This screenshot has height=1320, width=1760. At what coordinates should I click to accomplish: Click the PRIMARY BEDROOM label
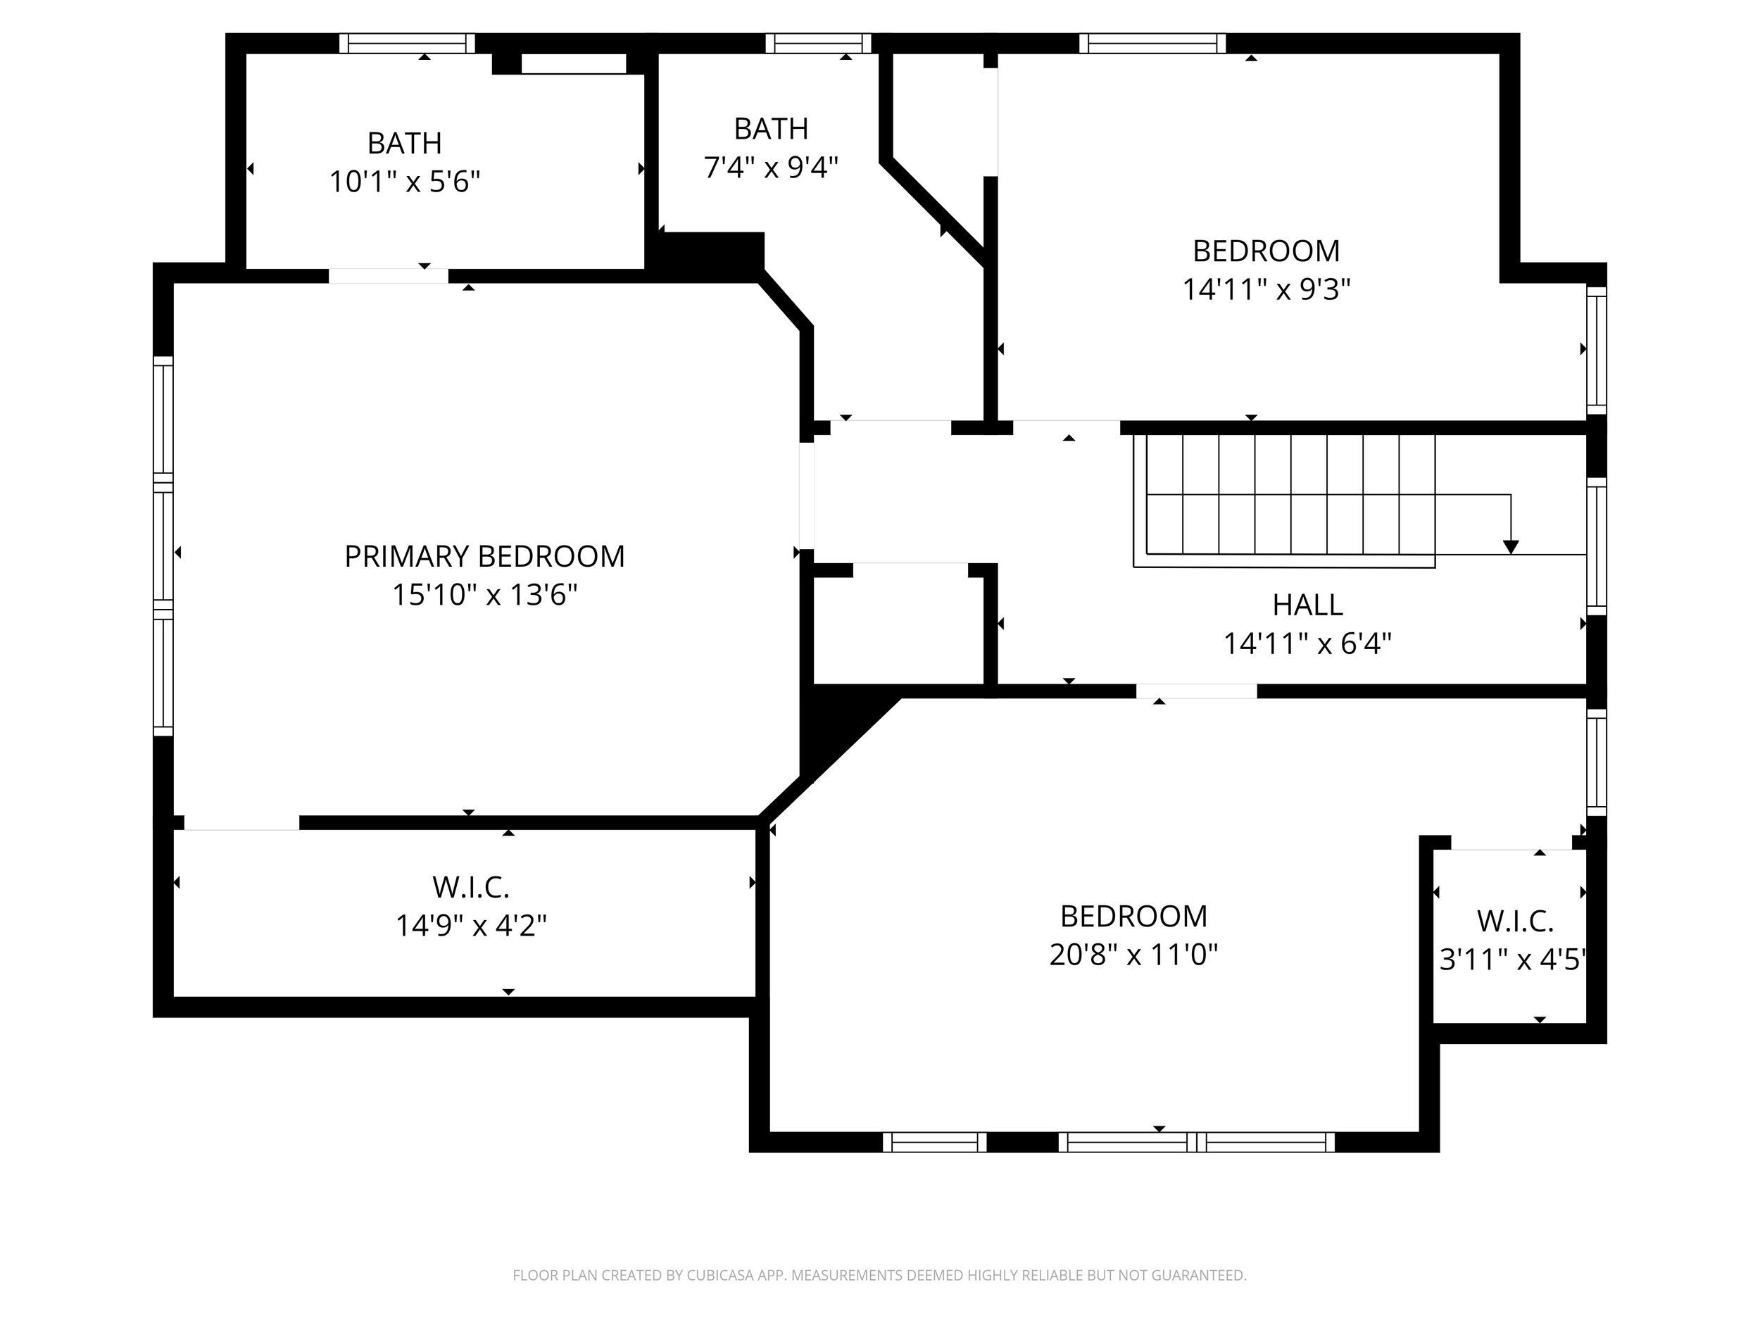pos(484,557)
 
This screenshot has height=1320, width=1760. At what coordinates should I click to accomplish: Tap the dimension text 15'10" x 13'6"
pos(484,595)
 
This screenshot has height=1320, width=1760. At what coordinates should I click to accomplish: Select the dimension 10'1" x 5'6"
pos(404,182)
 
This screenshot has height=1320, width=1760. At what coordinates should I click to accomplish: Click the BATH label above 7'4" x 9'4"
pos(770,129)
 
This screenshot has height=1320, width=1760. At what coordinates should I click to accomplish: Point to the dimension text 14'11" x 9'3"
pos(1266,289)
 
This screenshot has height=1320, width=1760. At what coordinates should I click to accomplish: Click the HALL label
pos(1307,605)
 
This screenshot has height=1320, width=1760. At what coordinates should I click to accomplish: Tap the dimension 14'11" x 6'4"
pos(1307,643)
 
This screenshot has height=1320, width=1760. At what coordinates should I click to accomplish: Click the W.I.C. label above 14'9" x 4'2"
pos(470,887)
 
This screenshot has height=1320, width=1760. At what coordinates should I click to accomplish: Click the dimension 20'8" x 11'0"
pos(1133,955)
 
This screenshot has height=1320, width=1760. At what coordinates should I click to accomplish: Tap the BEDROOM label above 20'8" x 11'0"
pos(1133,917)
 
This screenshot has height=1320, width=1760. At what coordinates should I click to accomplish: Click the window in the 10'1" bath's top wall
pos(407,43)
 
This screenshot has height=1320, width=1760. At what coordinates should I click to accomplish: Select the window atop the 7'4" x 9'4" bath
pos(818,43)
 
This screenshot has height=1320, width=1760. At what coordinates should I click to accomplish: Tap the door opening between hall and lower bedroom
pos(1196,691)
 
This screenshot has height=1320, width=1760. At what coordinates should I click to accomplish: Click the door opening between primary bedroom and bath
pos(389,276)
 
